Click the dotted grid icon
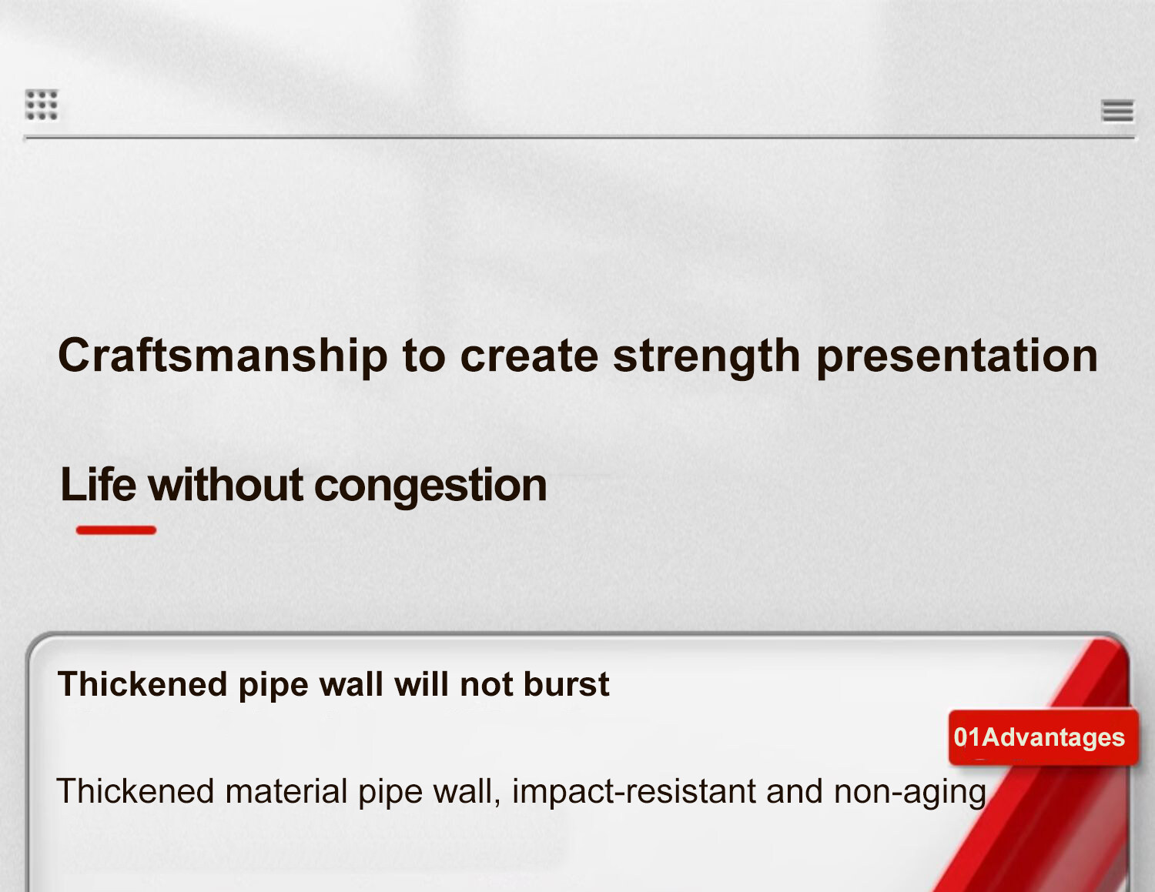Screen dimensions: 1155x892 (x=42, y=105)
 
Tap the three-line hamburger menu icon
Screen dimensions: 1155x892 (x=1118, y=111)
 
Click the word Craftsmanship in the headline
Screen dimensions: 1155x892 (x=223, y=356)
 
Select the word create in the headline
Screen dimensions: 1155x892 (x=529, y=356)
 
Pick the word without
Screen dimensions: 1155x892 (x=226, y=485)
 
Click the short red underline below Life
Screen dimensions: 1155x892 (x=115, y=530)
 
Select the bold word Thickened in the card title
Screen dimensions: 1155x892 (x=142, y=683)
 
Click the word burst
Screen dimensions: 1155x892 (x=566, y=683)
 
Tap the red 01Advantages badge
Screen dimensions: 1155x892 (x=1043, y=737)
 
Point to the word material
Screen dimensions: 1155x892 (x=286, y=791)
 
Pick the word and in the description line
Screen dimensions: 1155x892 (x=794, y=791)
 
